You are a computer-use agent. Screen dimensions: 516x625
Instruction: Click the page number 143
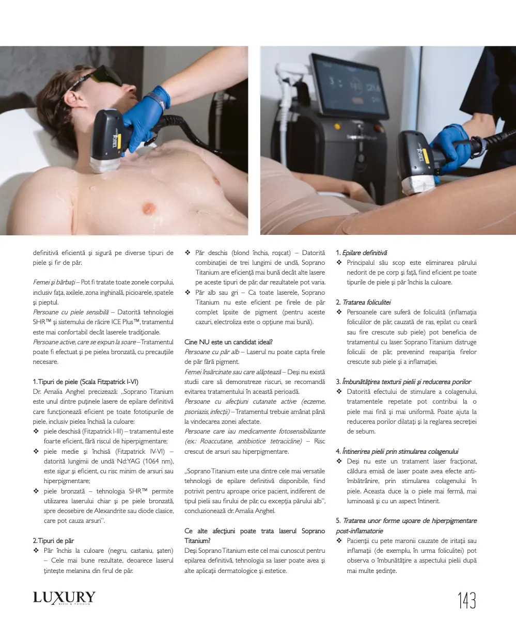tap(466, 600)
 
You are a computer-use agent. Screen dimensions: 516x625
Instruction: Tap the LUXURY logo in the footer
tap(64, 598)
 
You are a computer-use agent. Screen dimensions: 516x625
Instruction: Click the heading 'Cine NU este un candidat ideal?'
tap(228, 342)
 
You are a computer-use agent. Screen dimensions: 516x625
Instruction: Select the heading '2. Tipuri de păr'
tap(53, 540)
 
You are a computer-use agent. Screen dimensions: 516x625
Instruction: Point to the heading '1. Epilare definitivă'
tap(362, 253)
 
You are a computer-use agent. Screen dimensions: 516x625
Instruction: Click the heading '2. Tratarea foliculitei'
tap(363, 302)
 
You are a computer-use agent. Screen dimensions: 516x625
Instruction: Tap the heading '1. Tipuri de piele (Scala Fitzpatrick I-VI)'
tap(85, 381)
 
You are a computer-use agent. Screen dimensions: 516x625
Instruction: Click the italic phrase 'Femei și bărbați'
tap(54, 282)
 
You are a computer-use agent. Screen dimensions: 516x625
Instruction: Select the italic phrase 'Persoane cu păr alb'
tap(212, 352)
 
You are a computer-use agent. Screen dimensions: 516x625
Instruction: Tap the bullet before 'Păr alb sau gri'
tap(187, 292)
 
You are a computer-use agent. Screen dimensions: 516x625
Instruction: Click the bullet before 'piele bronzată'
tap(36, 491)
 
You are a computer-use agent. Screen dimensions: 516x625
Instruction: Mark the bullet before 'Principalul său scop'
tap(339, 263)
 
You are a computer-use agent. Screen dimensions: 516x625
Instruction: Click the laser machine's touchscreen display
tap(349, 85)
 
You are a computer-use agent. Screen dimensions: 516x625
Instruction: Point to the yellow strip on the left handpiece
tap(119, 141)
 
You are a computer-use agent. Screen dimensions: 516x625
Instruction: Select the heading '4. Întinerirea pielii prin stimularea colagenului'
tap(397, 451)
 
